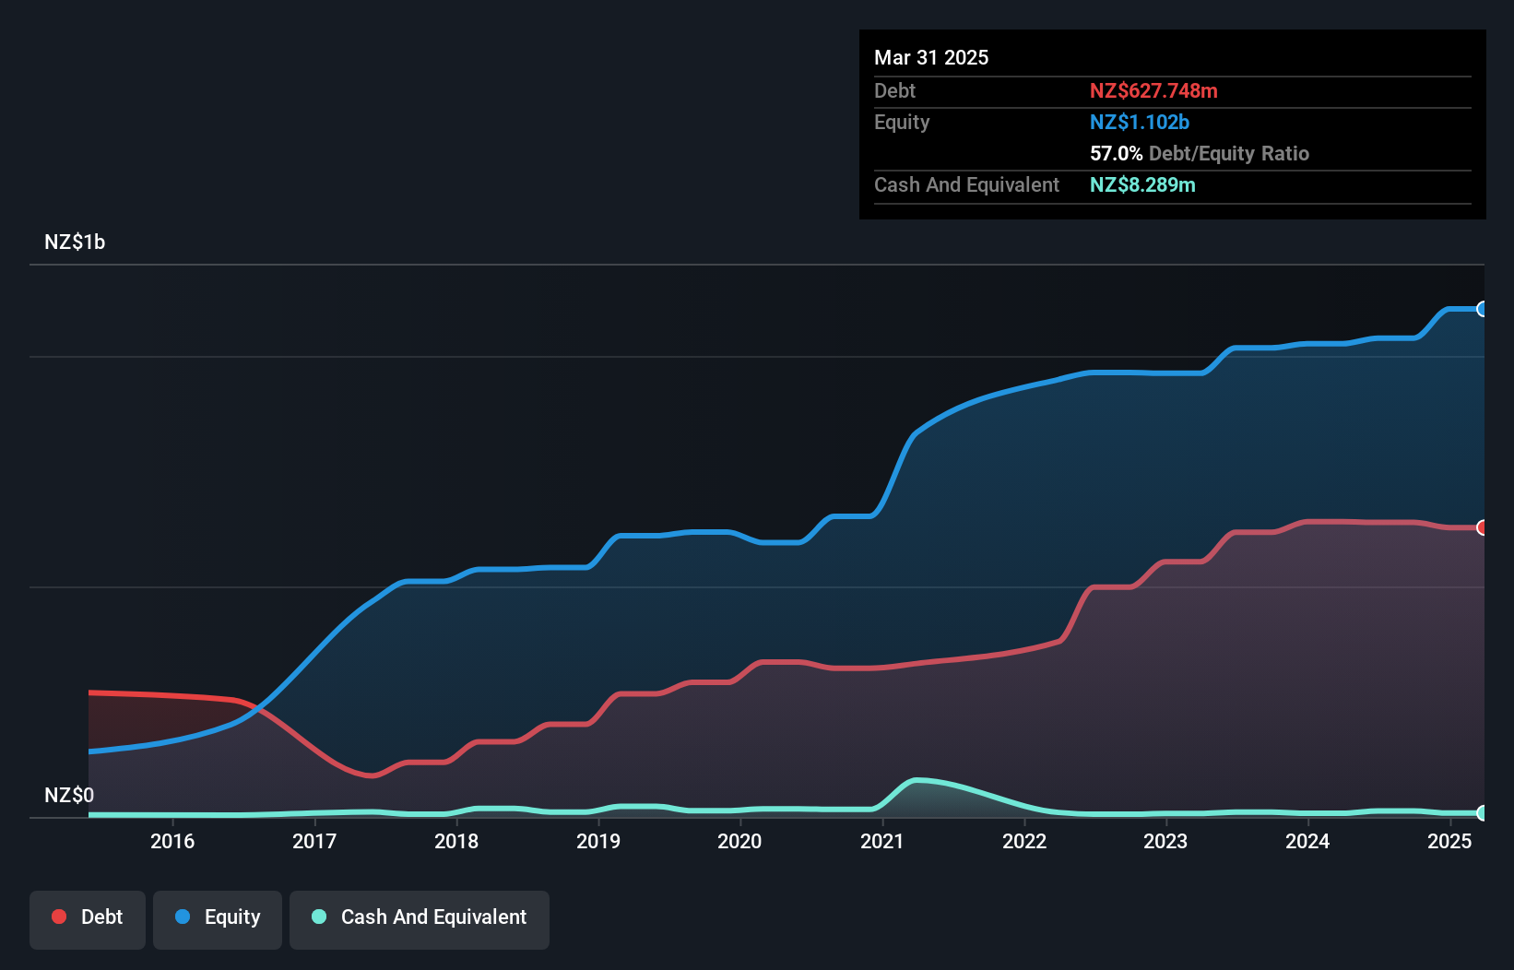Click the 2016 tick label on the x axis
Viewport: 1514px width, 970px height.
172,841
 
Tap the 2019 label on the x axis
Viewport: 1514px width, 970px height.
598,841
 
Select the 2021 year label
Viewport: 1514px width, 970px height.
881,841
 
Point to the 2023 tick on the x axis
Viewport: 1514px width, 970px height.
1165,841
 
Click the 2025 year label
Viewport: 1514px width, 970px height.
1449,841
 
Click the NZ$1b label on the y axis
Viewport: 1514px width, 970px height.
75,243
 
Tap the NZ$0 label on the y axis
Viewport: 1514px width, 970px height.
69,795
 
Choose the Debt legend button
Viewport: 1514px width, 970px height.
88,917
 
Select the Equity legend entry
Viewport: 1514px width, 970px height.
218,917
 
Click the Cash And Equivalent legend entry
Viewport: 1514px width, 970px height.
420,917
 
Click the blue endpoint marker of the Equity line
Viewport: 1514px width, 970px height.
1483,309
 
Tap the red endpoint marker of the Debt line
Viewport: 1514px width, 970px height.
1483,527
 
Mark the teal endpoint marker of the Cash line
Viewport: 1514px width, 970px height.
1483,812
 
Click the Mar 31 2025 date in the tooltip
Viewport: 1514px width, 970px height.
931,57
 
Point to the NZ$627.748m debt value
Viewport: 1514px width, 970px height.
1153,90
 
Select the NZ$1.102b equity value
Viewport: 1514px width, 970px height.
1140,122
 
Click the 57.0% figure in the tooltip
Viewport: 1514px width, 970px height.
1116,153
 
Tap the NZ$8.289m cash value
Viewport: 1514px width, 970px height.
1142,184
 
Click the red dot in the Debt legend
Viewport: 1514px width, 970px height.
59,917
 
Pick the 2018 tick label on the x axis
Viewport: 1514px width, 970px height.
456,841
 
